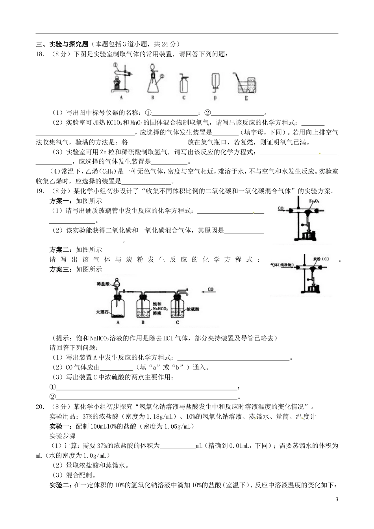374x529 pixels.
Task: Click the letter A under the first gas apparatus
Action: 121,97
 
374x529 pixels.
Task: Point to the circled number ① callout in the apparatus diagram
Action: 115,65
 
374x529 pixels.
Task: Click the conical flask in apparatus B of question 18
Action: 153,84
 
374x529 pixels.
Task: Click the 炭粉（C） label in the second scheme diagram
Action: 321,259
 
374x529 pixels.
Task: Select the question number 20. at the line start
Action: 40,407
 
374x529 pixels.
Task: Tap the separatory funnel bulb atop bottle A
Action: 116,283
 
